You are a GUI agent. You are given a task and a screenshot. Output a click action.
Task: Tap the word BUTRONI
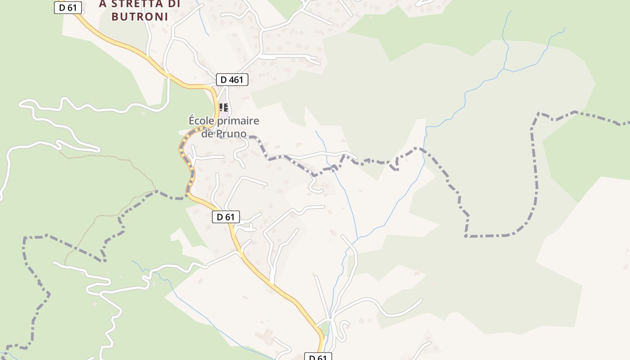(x=139, y=17)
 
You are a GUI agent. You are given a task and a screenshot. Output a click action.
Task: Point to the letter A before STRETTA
(x=103, y=4)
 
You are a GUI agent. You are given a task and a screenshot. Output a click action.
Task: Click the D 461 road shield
(x=232, y=80)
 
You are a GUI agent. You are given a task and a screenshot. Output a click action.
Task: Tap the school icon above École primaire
(x=224, y=108)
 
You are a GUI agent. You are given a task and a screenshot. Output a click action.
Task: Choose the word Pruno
(x=230, y=134)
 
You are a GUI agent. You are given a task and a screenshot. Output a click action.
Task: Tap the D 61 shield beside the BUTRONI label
(x=68, y=7)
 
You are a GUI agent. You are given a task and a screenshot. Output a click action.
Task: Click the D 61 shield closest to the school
(x=226, y=217)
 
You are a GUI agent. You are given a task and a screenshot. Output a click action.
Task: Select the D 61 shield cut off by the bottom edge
(x=318, y=357)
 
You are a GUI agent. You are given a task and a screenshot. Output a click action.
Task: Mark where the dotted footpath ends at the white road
(x=65, y=263)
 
